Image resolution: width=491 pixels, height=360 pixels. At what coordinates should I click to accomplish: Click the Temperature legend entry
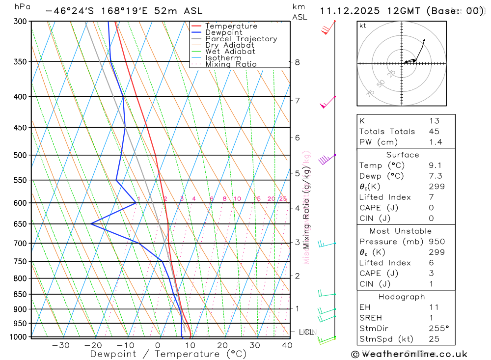[x=231, y=26]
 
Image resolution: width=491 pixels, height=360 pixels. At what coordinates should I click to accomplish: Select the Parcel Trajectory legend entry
[x=241, y=39]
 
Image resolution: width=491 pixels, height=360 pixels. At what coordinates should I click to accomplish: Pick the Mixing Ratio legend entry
[x=231, y=64]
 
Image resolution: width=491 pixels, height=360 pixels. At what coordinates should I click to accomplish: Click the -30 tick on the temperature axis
[x=60, y=345]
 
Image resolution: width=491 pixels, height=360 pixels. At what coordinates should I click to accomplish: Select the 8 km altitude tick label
[x=297, y=62]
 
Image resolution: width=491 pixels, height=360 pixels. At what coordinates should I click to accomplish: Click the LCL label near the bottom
[x=306, y=332]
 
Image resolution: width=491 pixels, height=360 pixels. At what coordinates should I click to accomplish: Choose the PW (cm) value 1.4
[x=435, y=142]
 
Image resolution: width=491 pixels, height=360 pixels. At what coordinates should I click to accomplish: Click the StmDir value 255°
[x=438, y=329]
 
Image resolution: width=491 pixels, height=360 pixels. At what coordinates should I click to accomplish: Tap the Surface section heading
[x=403, y=155]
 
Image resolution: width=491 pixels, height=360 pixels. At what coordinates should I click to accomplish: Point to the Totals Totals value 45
[x=434, y=132]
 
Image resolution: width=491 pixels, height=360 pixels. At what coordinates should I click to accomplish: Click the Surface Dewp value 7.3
[x=434, y=176]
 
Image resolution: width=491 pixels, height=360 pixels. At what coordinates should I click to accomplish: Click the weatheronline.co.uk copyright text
[x=409, y=354]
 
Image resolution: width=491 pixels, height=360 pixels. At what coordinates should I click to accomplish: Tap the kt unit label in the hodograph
[x=363, y=26]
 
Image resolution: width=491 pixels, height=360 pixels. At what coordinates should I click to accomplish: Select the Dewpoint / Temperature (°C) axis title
[x=168, y=354]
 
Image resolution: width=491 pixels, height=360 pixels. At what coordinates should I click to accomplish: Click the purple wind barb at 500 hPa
[x=325, y=160]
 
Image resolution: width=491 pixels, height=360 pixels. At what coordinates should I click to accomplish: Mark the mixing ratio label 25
[x=283, y=199]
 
